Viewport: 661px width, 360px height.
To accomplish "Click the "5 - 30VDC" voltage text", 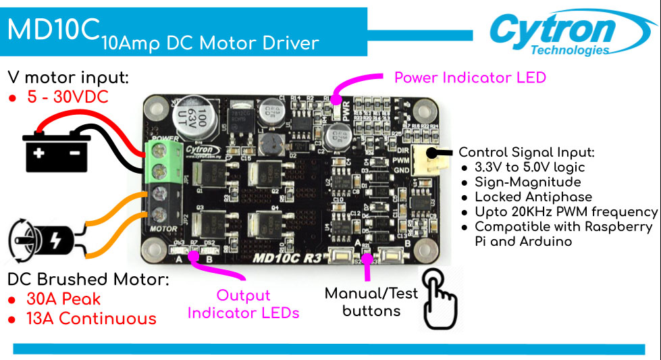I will pyautogui.click(x=68, y=97).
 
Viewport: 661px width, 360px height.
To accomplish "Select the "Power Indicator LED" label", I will pyautogui.click(x=470, y=77).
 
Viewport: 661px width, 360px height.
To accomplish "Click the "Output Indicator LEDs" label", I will pyautogui.click(x=243, y=304).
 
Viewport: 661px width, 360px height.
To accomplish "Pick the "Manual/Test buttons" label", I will pyautogui.click(x=371, y=302).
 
